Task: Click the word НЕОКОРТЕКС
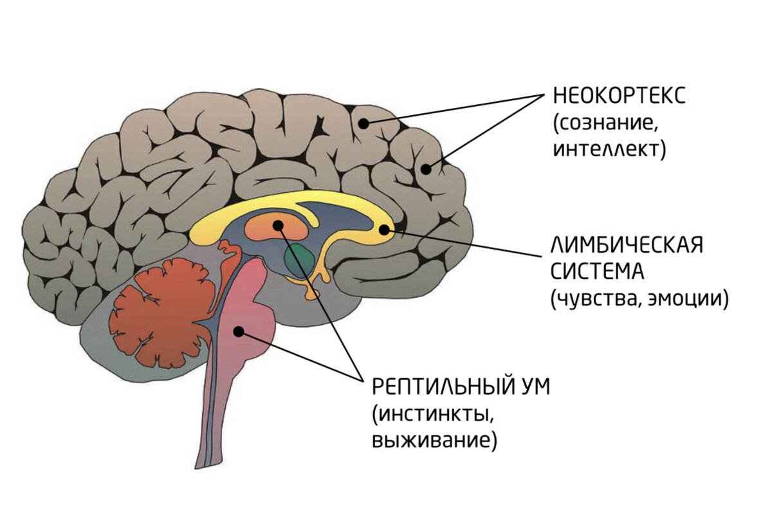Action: coord(619,97)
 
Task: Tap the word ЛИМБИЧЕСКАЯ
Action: coord(626,245)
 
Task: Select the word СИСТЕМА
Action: coord(596,271)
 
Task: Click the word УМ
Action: coord(533,388)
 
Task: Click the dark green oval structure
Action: coord(300,259)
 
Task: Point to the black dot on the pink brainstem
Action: coord(239,331)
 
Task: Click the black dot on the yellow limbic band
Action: coord(384,228)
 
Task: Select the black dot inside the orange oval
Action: coord(278,225)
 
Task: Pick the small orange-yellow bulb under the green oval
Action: coord(313,293)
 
